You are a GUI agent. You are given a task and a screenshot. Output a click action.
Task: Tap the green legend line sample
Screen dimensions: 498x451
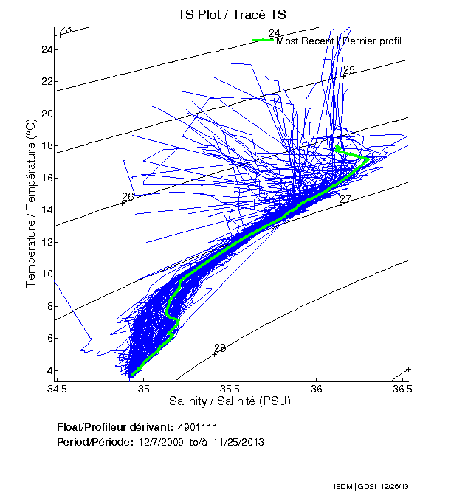coord(263,40)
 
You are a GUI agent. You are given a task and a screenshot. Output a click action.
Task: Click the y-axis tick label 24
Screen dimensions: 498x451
coord(46,49)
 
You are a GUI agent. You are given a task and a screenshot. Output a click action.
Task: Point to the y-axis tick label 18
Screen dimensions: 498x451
coord(46,146)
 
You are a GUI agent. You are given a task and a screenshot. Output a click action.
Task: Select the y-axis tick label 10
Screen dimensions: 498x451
coord(46,274)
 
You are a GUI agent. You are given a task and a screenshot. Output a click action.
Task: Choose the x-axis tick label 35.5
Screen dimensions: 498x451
coord(230,389)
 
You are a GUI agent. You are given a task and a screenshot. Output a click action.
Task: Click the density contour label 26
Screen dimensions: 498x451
coord(128,197)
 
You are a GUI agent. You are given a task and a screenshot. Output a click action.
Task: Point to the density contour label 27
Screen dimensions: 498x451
coord(345,199)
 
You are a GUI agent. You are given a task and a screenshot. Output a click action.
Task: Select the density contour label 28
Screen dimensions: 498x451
coord(220,348)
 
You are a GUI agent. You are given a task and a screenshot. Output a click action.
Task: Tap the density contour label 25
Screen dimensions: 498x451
coord(349,70)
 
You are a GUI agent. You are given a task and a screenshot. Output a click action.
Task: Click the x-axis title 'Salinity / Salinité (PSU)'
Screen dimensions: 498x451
coord(230,402)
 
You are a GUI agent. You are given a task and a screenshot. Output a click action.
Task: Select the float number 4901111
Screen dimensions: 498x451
coord(196,428)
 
